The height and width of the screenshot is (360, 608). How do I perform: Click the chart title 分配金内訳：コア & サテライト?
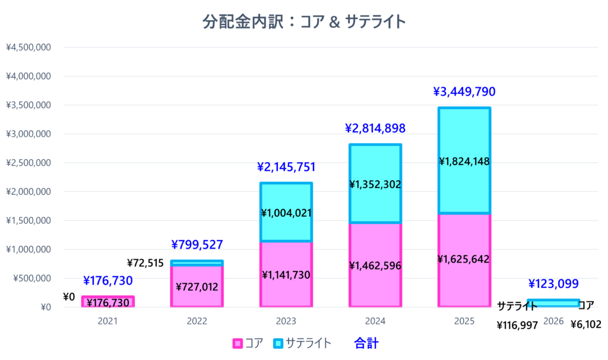tap(304, 22)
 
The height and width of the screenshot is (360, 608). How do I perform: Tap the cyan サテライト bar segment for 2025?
tap(464, 137)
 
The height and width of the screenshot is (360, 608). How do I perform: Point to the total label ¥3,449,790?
tap(464, 92)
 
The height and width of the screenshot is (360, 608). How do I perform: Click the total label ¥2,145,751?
tap(286, 167)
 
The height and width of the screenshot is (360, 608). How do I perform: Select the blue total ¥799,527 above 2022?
tap(197, 244)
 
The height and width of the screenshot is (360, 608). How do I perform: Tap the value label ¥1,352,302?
tap(375, 185)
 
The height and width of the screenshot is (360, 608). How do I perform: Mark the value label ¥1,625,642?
tap(464, 259)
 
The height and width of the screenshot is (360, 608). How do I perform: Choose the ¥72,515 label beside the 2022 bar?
tap(146, 263)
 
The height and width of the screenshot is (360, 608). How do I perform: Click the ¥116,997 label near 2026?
tap(517, 325)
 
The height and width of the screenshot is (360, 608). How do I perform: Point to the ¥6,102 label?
tap(586, 325)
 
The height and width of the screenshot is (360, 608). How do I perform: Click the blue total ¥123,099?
tap(553, 284)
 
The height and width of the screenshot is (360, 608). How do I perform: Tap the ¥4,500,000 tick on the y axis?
tap(28, 48)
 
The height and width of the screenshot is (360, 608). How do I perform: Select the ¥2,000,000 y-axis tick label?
tap(28, 192)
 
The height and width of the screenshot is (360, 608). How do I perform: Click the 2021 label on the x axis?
tap(107, 321)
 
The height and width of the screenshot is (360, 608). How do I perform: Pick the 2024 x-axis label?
tap(375, 321)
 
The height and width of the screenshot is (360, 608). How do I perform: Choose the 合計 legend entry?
tap(366, 343)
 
